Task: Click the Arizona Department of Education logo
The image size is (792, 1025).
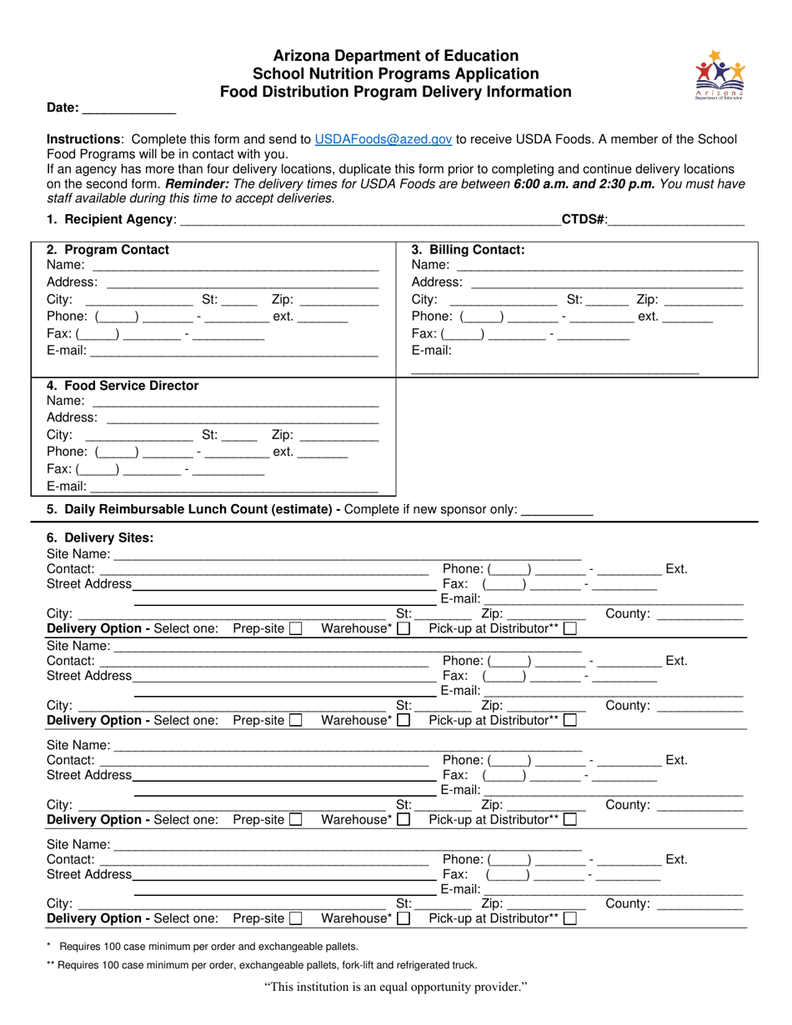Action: point(718,74)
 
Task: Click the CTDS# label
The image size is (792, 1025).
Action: point(584,220)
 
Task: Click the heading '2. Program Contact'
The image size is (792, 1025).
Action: point(108,250)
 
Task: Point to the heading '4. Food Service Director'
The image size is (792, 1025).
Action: point(123,386)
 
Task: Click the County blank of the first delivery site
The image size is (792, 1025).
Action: point(699,615)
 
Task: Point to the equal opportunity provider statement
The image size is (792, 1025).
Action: point(396,988)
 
